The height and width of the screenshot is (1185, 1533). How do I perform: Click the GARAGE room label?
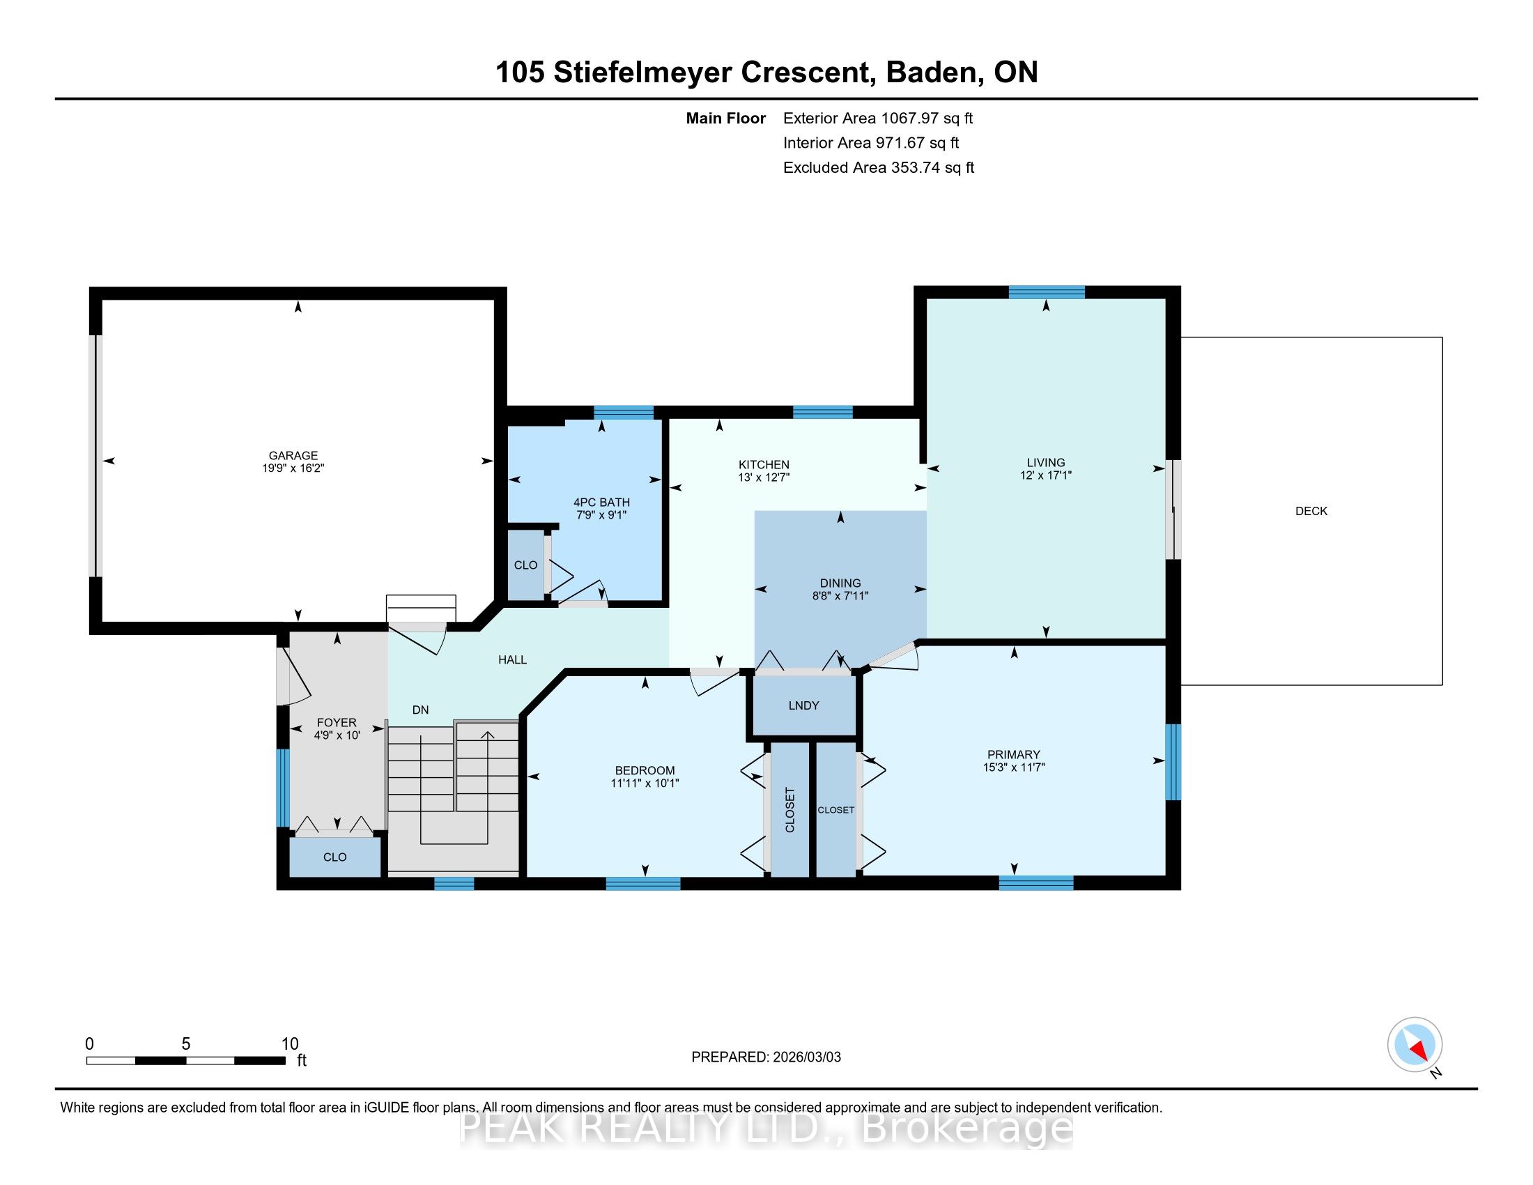click(x=293, y=455)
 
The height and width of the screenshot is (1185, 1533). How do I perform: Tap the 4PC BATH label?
click(x=601, y=502)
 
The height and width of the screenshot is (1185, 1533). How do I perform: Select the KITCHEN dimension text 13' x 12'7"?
click(x=764, y=477)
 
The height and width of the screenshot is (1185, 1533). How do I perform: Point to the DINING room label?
click(x=840, y=583)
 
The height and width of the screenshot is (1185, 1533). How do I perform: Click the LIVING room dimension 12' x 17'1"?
click(x=1046, y=475)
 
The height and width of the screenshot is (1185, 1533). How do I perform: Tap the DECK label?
click(x=1311, y=511)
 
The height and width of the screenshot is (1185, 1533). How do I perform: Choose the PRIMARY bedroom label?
click(x=1014, y=755)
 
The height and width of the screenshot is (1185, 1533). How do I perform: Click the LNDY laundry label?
click(x=803, y=705)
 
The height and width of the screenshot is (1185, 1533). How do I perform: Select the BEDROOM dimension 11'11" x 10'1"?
click(x=645, y=783)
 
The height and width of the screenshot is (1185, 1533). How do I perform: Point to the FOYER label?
click(x=337, y=722)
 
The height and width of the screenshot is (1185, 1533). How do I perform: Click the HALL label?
click(x=512, y=660)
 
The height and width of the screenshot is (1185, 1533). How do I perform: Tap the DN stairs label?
click(x=420, y=710)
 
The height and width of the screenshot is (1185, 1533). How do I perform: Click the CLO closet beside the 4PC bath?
click(x=525, y=565)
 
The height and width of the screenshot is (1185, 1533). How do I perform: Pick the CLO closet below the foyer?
click(x=334, y=857)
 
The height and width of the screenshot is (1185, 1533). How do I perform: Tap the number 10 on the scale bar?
click(x=290, y=1043)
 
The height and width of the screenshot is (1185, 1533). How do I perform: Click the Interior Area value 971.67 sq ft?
click(x=917, y=143)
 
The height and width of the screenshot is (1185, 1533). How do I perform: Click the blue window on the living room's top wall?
click(x=1047, y=292)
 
